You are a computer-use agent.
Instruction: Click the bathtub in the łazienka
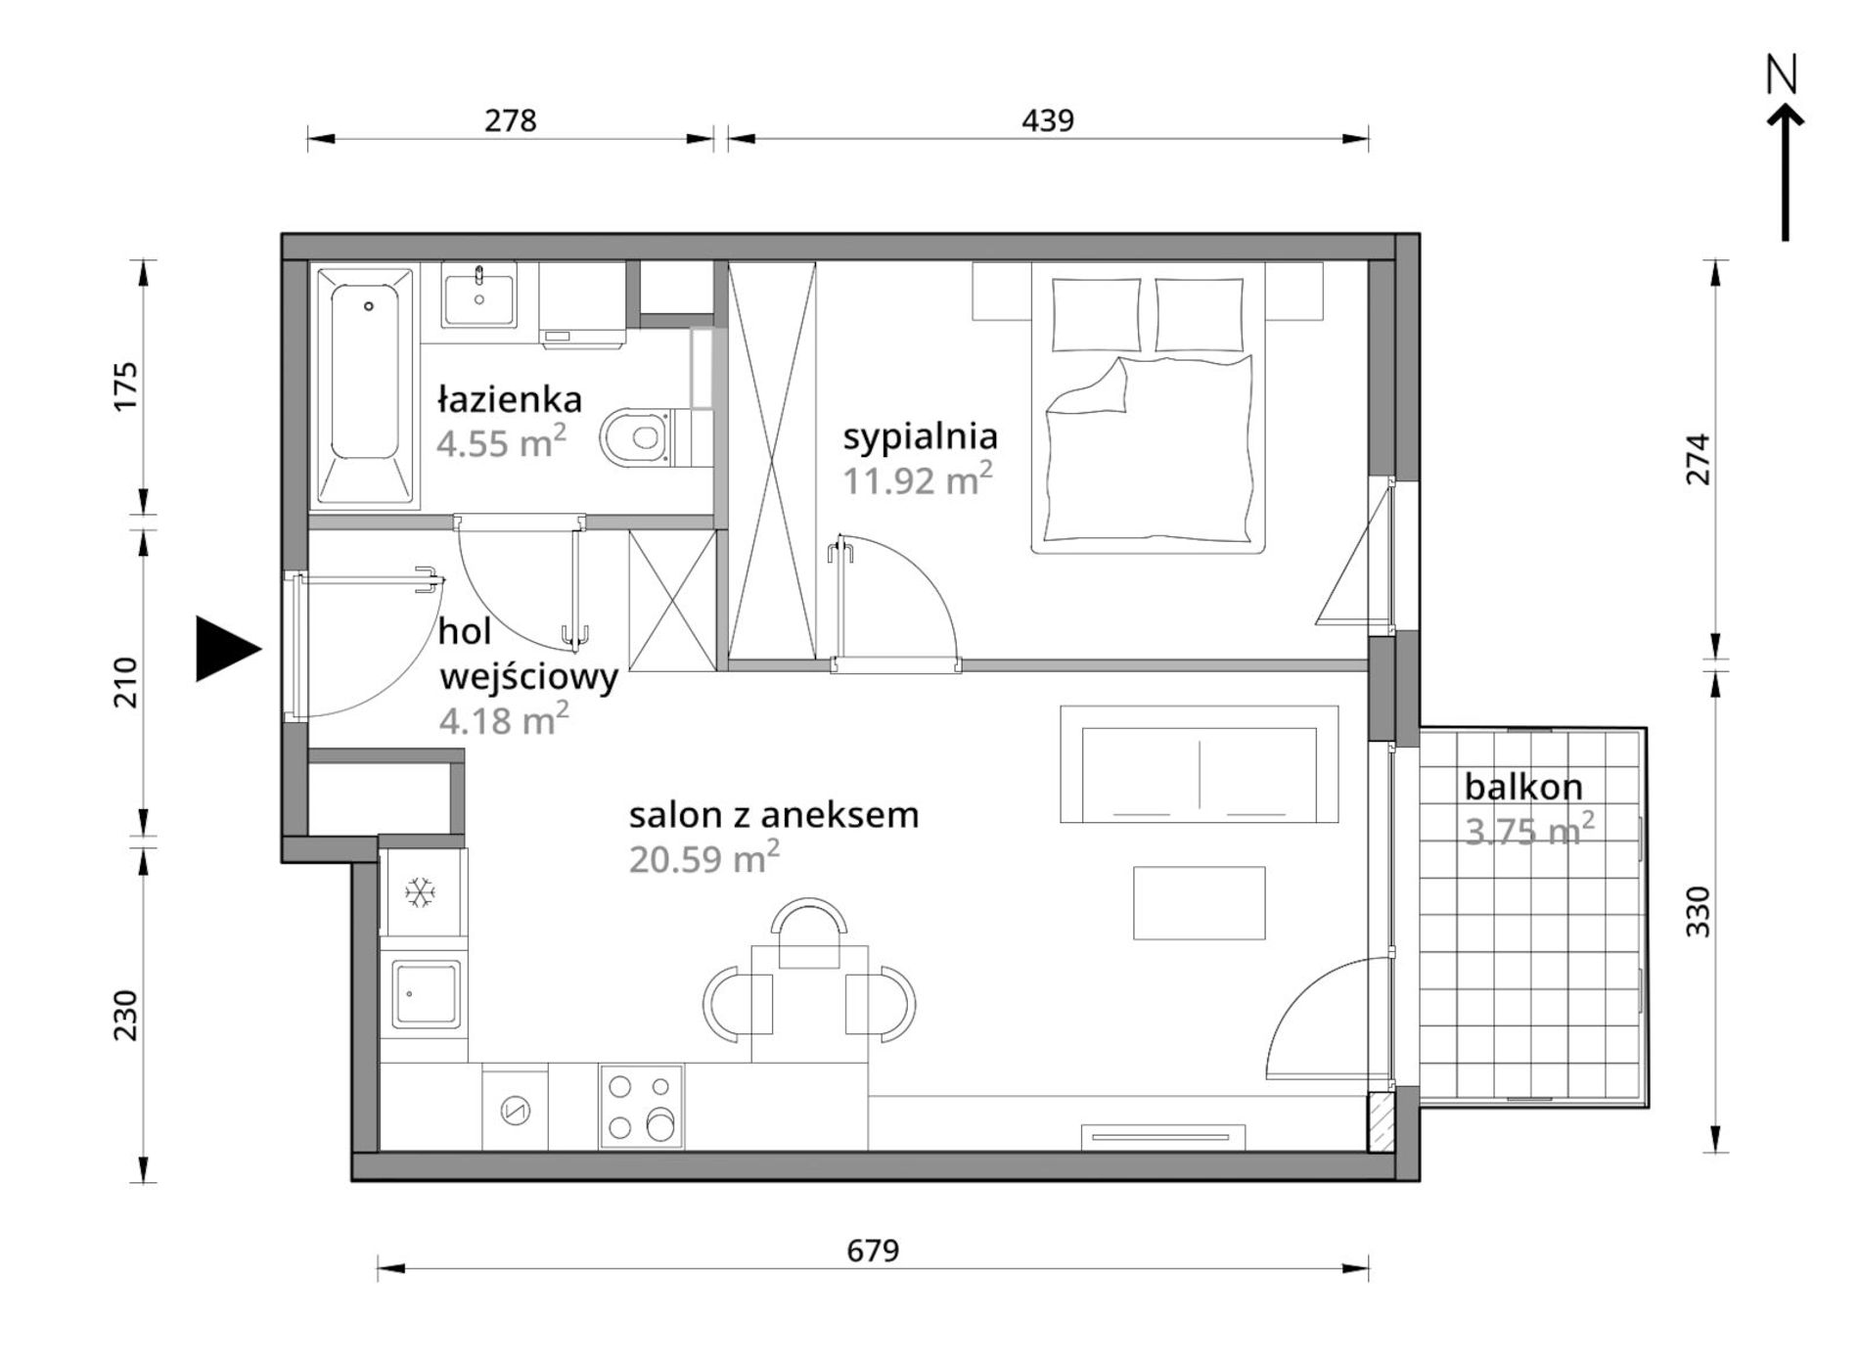pyautogui.click(x=365, y=386)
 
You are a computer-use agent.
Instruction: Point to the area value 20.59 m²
pyautogui.click(x=703, y=858)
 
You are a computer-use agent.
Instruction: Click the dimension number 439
pyautogui.click(x=1048, y=120)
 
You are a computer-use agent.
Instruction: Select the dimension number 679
pyautogui.click(x=873, y=1251)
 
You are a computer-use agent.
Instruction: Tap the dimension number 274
pyautogui.click(x=1699, y=459)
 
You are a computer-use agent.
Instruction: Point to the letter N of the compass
pyautogui.click(x=1783, y=74)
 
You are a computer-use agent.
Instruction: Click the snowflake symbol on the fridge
pyautogui.click(x=421, y=892)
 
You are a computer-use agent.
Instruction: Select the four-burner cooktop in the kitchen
pyautogui.click(x=641, y=1106)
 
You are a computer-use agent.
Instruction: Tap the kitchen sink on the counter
pyautogui.click(x=426, y=994)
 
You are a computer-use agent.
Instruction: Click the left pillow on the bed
pyautogui.click(x=1096, y=314)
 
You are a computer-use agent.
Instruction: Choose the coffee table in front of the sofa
pyautogui.click(x=1199, y=903)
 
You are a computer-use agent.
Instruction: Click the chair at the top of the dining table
pyautogui.click(x=809, y=933)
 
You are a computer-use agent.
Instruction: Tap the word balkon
pyautogui.click(x=1523, y=787)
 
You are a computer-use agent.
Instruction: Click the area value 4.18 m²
pyautogui.click(x=504, y=720)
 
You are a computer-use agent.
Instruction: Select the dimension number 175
pyautogui.click(x=126, y=387)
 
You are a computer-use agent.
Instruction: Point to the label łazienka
pyautogui.click(x=510, y=399)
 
